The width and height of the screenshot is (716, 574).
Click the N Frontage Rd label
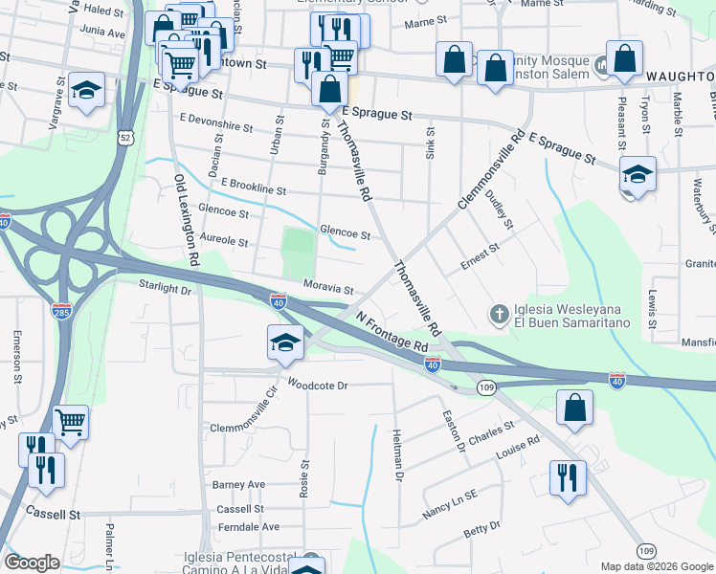tap(392, 330)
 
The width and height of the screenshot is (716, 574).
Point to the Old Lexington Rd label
tap(187, 219)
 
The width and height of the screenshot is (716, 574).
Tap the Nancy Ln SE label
tap(450, 506)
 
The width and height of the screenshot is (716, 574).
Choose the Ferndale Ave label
tap(247, 526)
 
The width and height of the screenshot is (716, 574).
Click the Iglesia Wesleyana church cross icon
tap(498, 313)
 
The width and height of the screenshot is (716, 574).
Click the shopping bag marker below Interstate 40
tap(573, 407)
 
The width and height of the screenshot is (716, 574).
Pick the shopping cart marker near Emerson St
tap(71, 421)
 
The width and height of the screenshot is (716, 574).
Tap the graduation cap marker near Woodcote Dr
tap(285, 342)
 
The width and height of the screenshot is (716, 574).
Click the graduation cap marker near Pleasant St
tap(638, 174)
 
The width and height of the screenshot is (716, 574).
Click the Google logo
tap(33, 563)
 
